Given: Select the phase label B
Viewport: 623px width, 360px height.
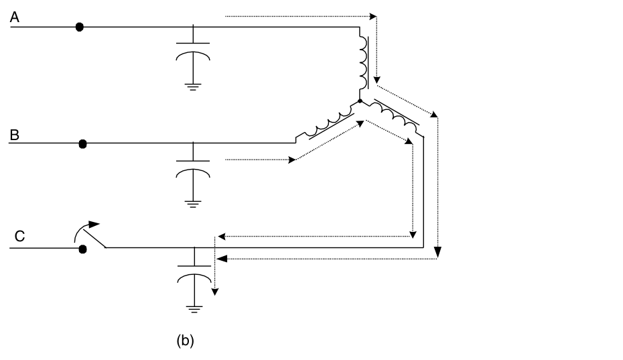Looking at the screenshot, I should click(x=14, y=135).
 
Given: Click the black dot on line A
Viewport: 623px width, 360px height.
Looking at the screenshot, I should click(x=80, y=27).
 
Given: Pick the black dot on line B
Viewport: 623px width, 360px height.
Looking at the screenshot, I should click(x=83, y=143).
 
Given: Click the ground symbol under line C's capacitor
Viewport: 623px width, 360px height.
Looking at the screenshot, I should click(x=193, y=308).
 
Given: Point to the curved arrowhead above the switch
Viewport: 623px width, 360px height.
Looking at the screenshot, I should click(x=94, y=225).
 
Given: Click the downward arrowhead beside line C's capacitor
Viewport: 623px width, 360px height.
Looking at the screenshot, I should click(x=215, y=291).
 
